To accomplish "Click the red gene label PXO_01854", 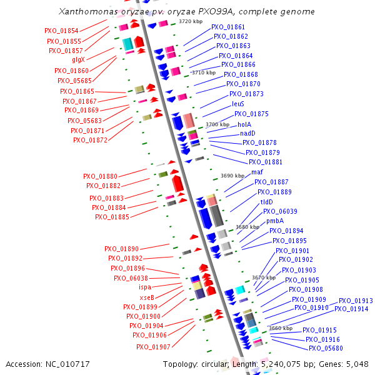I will (x=61, y=31).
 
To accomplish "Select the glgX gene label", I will (x=79, y=60).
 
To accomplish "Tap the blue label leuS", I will (x=238, y=104).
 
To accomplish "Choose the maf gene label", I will (x=257, y=172).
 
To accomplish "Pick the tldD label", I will (x=266, y=202).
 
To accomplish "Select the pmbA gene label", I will (x=275, y=221).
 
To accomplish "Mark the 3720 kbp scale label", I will (x=191, y=21).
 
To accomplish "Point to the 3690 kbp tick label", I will (x=232, y=176).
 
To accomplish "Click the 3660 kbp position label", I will (x=280, y=327).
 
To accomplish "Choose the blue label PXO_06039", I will (x=280, y=211).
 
